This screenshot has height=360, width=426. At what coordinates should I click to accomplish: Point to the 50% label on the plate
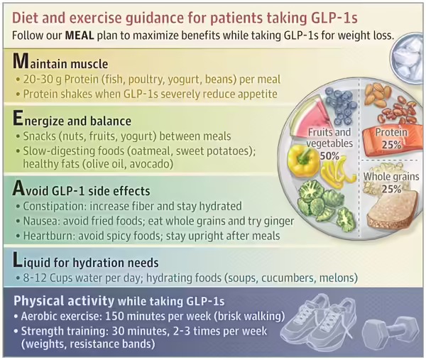click(x=329, y=155)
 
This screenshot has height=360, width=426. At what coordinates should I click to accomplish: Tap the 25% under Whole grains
click(x=390, y=189)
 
